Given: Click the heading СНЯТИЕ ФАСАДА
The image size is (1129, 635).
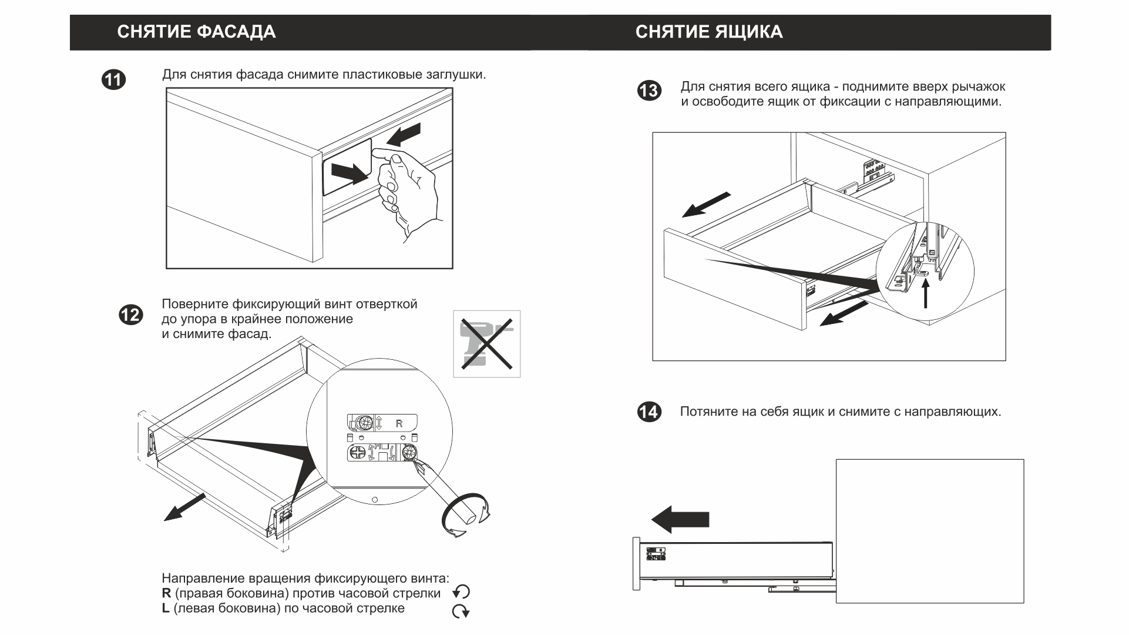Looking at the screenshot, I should click(x=196, y=32).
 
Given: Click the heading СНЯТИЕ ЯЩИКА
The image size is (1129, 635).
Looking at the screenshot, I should click(x=708, y=32).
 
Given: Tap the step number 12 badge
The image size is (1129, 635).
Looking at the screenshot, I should click(x=130, y=315).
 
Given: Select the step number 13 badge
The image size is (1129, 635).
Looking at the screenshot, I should click(x=649, y=91).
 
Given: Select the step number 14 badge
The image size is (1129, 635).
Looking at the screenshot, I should click(x=649, y=412).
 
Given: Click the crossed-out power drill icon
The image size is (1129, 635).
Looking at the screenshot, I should click(x=487, y=344).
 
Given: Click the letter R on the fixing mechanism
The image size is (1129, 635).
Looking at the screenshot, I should click(x=399, y=423).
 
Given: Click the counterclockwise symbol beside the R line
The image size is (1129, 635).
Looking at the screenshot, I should click(x=462, y=592).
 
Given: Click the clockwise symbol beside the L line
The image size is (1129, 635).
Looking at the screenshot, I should click(x=461, y=611).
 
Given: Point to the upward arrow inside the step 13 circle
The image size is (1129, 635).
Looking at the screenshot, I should click(x=926, y=295).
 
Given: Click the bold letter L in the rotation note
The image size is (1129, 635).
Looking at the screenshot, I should click(x=166, y=609).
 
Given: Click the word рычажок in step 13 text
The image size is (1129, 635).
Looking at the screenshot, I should click(x=980, y=87).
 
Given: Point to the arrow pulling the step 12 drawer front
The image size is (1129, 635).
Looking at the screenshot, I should click(x=184, y=507).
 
